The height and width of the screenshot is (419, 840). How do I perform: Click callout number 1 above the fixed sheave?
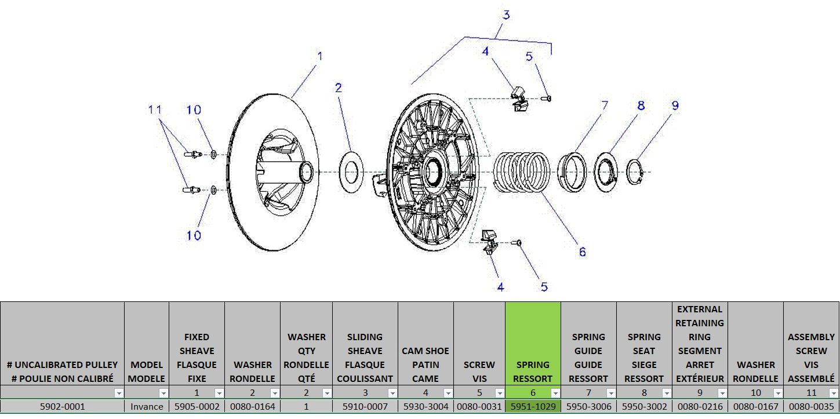(319, 57)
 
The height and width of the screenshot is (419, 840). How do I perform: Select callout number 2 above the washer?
(339, 88)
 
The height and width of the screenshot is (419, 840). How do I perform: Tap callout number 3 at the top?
(506, 15)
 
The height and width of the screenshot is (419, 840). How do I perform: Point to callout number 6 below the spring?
(582, 252)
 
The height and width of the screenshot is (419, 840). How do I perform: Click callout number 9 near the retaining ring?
(675, 105)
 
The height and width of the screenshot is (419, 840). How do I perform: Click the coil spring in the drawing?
(521, 173)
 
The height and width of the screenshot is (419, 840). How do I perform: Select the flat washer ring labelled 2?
(350, 172)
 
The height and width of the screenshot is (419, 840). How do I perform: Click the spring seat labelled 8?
(607, 172)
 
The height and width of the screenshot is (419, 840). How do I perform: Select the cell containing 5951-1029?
(533, 407)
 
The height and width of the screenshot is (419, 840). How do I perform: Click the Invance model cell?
(147, 407)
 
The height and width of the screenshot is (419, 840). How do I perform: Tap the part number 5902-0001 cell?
(62, 407)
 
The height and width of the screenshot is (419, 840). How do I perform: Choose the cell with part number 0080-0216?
(700, 407)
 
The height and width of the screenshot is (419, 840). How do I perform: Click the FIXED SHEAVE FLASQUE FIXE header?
(197, 358)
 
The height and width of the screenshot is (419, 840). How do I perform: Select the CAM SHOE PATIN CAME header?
(426, 365)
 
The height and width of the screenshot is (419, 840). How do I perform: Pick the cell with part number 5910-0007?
(365, 407)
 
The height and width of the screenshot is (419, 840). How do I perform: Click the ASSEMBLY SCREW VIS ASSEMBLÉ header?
(811, 358)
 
